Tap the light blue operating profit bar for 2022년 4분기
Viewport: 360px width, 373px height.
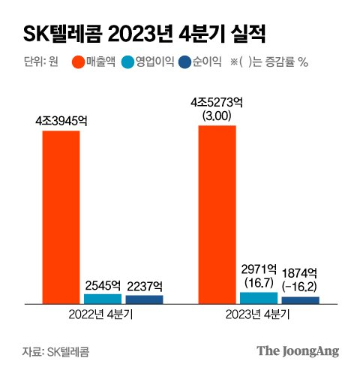coord(102,298)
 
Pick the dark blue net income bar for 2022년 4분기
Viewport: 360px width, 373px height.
coord(144,299)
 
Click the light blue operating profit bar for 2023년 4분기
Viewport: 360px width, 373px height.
coord(258,297)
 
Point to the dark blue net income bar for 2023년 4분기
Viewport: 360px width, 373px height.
coord(300,299)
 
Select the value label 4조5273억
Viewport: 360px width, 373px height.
coord(217,104)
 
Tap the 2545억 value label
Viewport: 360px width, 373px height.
coord(103,285)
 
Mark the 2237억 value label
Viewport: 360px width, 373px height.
coord(145,285)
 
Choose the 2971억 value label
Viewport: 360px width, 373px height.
coord(259,269)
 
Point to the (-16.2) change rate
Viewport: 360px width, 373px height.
coord(301,286)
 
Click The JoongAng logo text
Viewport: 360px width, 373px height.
coord(298,350)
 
